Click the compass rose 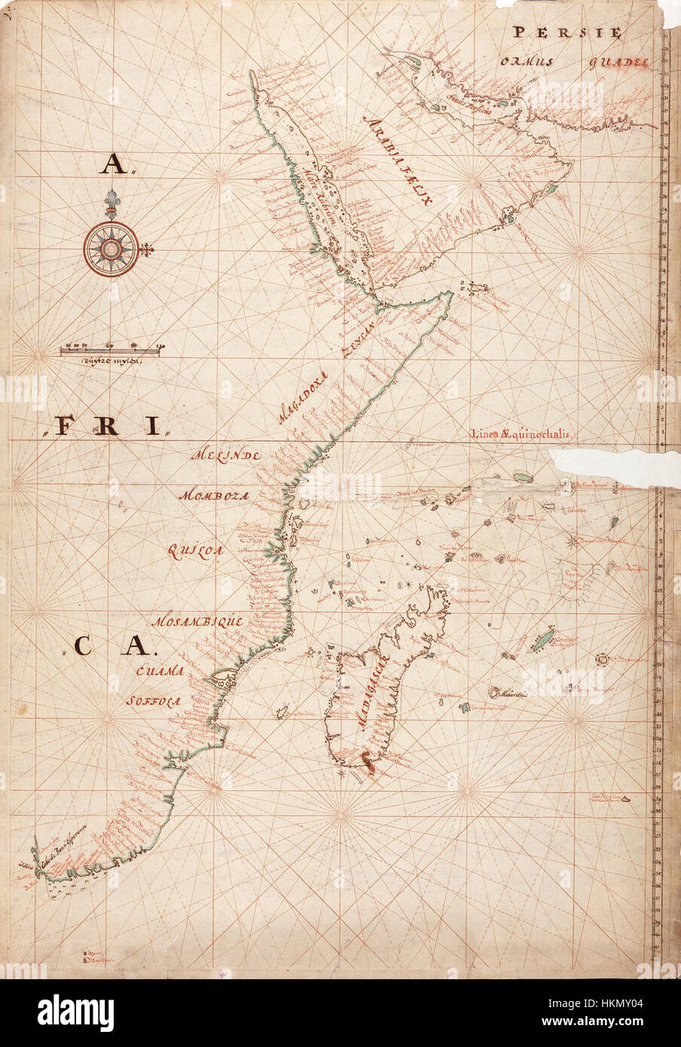point(111,248)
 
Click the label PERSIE point(566,32)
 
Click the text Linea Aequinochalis point(524,434)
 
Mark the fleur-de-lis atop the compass point(111,204)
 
